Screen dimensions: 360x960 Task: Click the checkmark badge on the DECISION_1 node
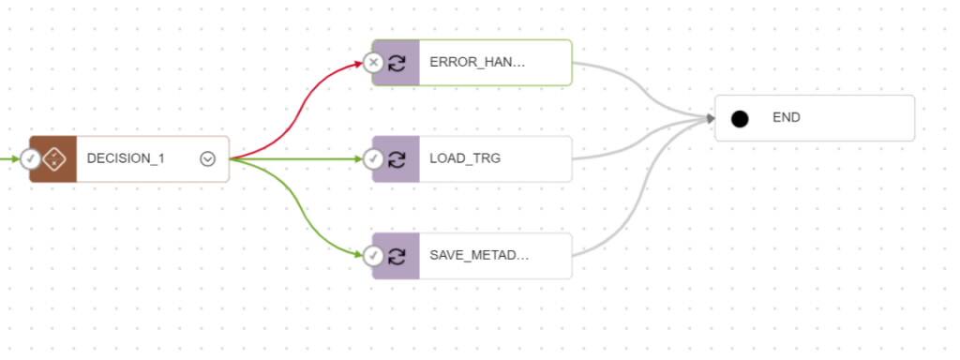point(31,158)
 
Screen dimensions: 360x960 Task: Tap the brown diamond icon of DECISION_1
point(54,158)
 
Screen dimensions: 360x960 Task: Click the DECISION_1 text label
point(126,158)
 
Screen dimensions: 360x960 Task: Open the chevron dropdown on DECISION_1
point(208,158)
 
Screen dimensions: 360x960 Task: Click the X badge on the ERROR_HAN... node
point(374,63)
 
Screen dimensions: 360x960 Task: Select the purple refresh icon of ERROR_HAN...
point(397,63)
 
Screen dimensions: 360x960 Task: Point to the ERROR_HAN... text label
point(477,63)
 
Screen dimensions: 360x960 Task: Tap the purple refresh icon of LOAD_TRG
point(397,158)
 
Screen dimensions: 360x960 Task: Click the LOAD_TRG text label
point(465,158)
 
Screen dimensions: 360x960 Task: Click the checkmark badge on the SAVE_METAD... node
point(374,255)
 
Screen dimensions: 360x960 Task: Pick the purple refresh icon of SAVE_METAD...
point(397,255)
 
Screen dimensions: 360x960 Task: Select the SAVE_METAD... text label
point(479,255)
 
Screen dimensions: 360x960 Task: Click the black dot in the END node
point(740,118)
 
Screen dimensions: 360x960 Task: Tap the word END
point(787,118)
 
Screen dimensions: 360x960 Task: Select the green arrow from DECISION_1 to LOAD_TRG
point(300,158)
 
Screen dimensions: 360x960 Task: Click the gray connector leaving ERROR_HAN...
point(637,84)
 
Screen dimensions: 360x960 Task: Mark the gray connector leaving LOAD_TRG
point(637,146)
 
